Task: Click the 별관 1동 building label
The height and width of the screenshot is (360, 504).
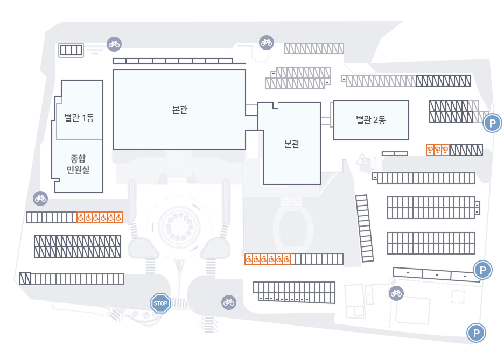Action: pyautogui.click(x=79, y=118)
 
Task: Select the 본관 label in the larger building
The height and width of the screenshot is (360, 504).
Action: pyautogui.click(x=180, y=109)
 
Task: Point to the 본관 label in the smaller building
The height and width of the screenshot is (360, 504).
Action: pyautogui.click(x=291, y=144)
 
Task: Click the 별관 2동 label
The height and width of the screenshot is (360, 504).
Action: pyautogui.click(x=370, y=120)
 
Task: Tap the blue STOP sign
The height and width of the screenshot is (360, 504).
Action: pyautogui.click(x=160, y=303)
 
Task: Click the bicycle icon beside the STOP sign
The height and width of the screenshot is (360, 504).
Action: pyautogui.click(x=229, y=302)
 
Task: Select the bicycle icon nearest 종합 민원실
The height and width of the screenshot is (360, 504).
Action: pyautogui.click(x=40, y=198)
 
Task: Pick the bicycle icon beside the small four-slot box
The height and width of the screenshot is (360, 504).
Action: pyautogui.click(x=114, y=44)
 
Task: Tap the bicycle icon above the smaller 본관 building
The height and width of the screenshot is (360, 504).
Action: pyautogui.click(x=266, y=41)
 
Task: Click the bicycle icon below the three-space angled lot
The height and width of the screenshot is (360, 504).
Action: pyautogui.click(x=396, y=293)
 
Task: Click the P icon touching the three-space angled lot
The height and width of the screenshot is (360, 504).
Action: pyautogui.click(x=482, y=269)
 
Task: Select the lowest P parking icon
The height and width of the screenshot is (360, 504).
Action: pyautogui.click(x=476, y=333)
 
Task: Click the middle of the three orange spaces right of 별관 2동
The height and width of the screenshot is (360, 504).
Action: pyautogui.click(x=438, y=150)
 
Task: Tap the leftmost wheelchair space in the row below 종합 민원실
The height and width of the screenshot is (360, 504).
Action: pyautogui.click(x=80, y=217)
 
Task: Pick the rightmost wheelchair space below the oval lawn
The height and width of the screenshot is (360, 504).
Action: pyautogui.click(x=286, y=259)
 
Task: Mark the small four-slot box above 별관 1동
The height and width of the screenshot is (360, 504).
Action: pyautogui.click(x=71, y=50)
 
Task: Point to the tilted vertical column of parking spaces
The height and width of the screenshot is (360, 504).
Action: pyautogui.click(x=365, y=228)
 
